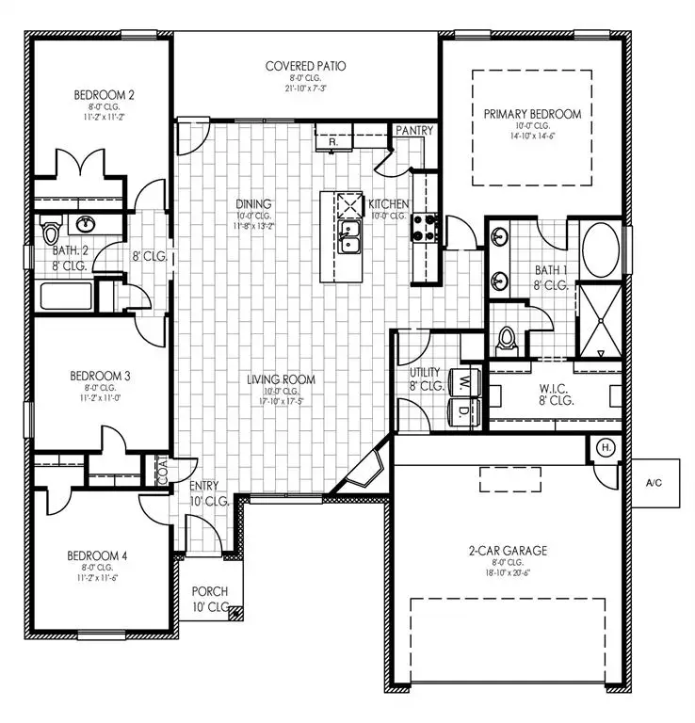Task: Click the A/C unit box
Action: pyautogui.click(x=655, y=482)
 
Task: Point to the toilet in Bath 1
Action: pyautogui.click(x=509, y=339)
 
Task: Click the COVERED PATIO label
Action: pyautogui.click(x=305, y=66)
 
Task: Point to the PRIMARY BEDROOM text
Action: pyautogui.click(x=532, y=114)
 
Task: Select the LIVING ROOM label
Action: pyautogui.click(x=281, y=380)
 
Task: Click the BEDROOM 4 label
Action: pyautogui.click(x=98, y=555)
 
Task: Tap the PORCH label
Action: pyautogui.click(x=209, y=591)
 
